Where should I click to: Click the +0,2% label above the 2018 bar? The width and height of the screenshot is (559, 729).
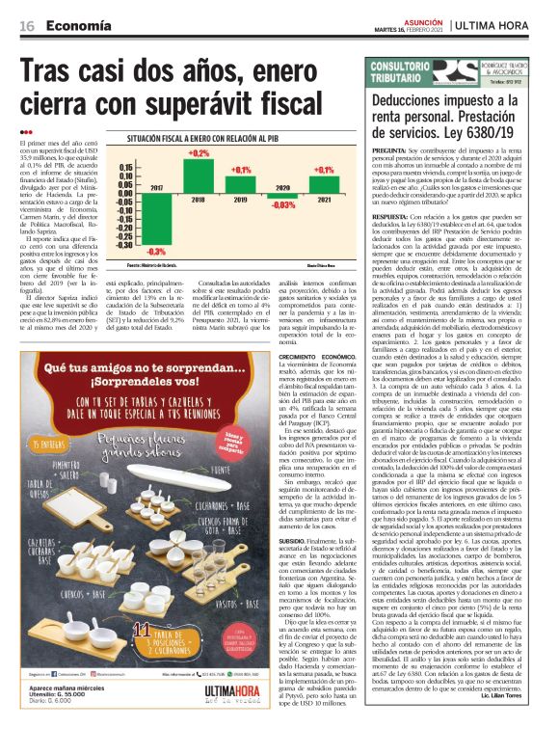pyautogui.click(x=199, y=153)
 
